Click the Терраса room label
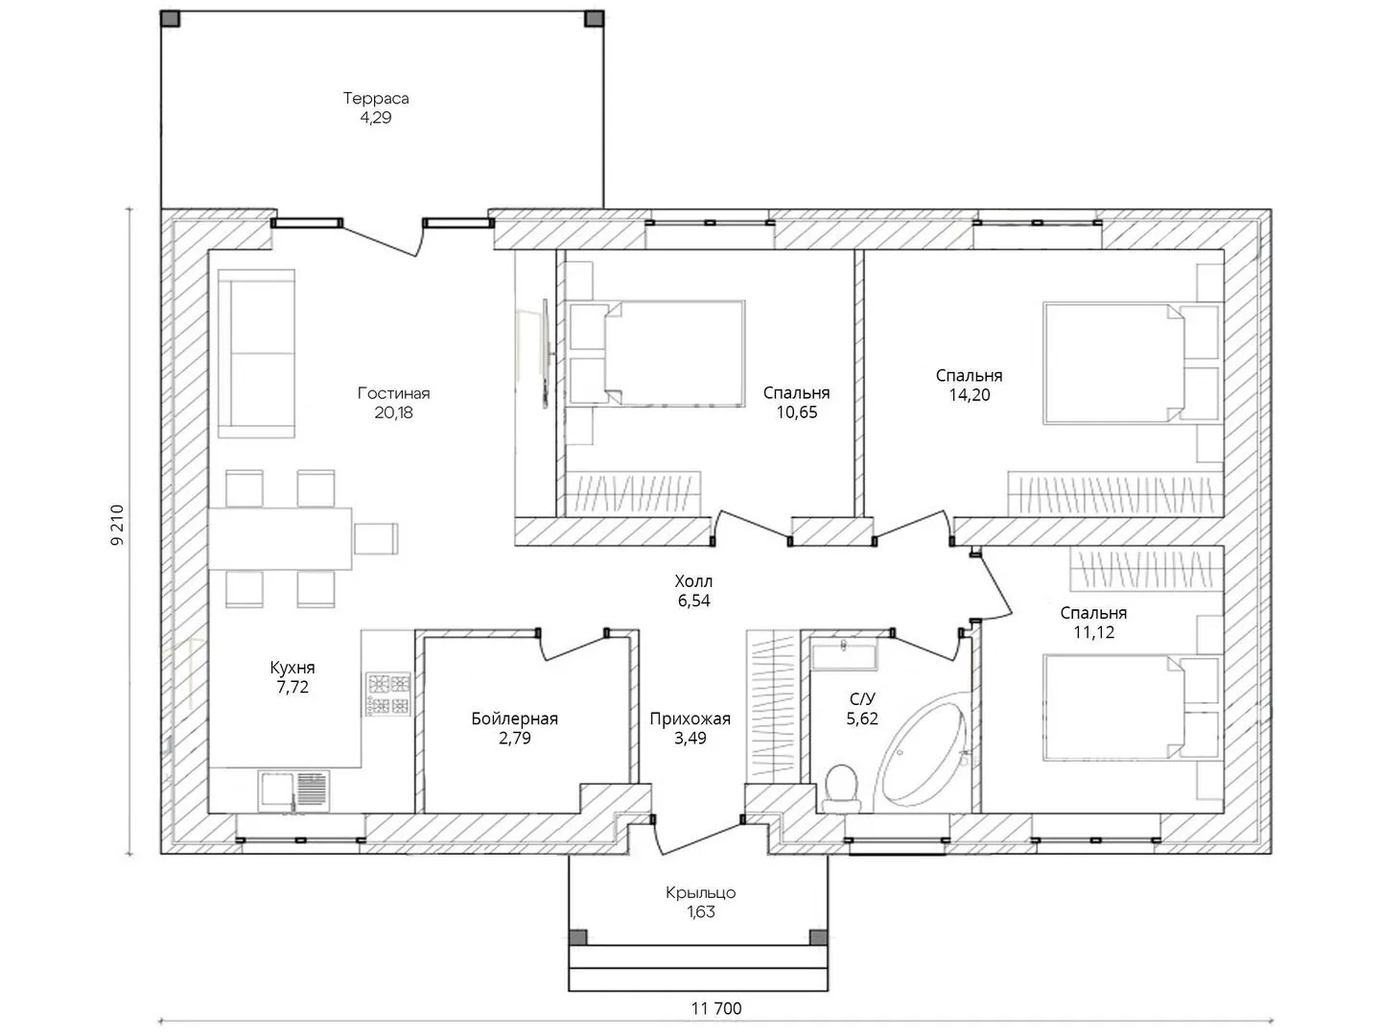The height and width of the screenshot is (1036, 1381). click(x=376, y=98)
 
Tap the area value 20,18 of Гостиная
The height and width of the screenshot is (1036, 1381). click(x=394, y=412)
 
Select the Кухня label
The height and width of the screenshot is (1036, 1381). click(x=293, y=668)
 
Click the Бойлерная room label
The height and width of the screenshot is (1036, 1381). click(x=515, y=718)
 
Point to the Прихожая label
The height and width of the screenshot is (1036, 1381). click(x=690, y=718)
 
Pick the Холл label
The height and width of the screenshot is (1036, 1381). click(x=693, y=580)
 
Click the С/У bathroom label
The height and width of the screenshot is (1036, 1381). click(x=862, y=699)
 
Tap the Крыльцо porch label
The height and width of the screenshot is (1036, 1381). click(x=701, y=892)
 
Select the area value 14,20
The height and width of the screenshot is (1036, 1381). click(x=970, y=395)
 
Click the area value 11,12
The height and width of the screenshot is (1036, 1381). click(x=1093, y=632)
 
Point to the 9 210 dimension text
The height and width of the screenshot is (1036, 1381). click(x=118, y=525)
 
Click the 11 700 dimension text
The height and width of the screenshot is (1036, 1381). click(x=716, y=1009)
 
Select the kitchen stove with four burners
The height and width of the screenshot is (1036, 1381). click(x=388, y=695)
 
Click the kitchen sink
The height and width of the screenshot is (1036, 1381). click(x=293, y=790)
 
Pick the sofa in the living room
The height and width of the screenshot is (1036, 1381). click(x=256, y=354)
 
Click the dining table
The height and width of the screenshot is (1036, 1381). click(x=280, y=538)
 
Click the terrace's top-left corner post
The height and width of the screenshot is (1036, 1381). click(x=171, y=18)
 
